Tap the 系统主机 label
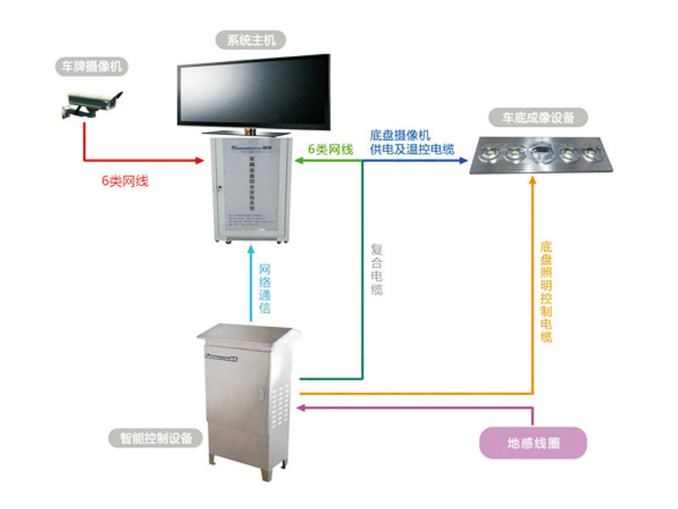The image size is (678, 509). coord(251,39)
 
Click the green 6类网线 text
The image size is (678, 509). coord(330,149)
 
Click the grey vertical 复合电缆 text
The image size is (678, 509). coord(377,270)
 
